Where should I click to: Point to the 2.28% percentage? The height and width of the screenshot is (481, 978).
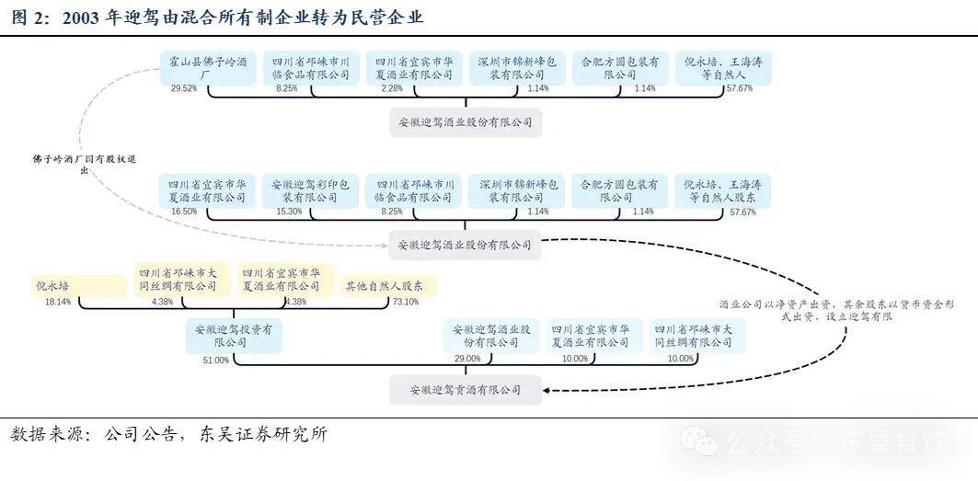[x=392, y=89]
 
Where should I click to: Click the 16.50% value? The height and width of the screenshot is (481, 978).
[x=184, y=212]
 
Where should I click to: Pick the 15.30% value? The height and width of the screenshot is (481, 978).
[x=289, y=212]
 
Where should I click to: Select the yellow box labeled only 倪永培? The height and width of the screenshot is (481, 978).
[x=53, y=285]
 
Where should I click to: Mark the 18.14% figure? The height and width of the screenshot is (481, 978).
[x=57, y=302]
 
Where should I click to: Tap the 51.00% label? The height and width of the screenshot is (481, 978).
[x=216, y=360]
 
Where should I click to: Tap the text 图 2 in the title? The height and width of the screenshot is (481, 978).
[x=28, y=17]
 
